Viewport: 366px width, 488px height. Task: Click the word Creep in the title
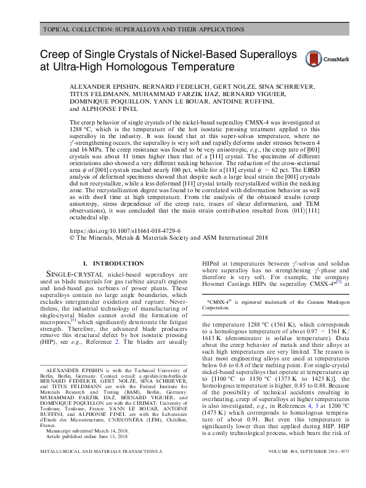[57, 55]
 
